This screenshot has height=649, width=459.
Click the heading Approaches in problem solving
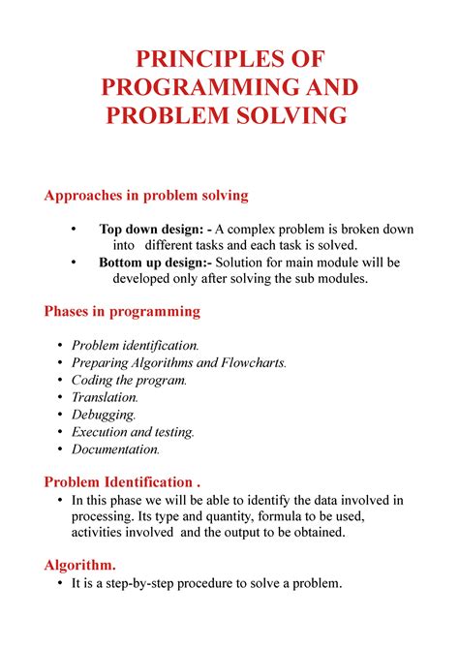coord(146,196)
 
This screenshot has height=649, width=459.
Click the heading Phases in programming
coord(122,312)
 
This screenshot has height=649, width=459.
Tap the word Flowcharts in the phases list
coord(254,363)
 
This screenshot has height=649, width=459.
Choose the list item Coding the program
coord(128,381)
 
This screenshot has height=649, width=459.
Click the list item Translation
coord(105,397)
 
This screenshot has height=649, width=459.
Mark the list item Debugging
coord(104,415)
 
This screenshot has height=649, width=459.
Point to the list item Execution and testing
coord(133,432)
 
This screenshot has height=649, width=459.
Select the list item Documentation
coord(115,449)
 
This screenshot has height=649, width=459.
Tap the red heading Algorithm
coord(80,565)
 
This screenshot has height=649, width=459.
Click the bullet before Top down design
coord(73,230)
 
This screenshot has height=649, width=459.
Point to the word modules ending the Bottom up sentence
coord(342,279)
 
